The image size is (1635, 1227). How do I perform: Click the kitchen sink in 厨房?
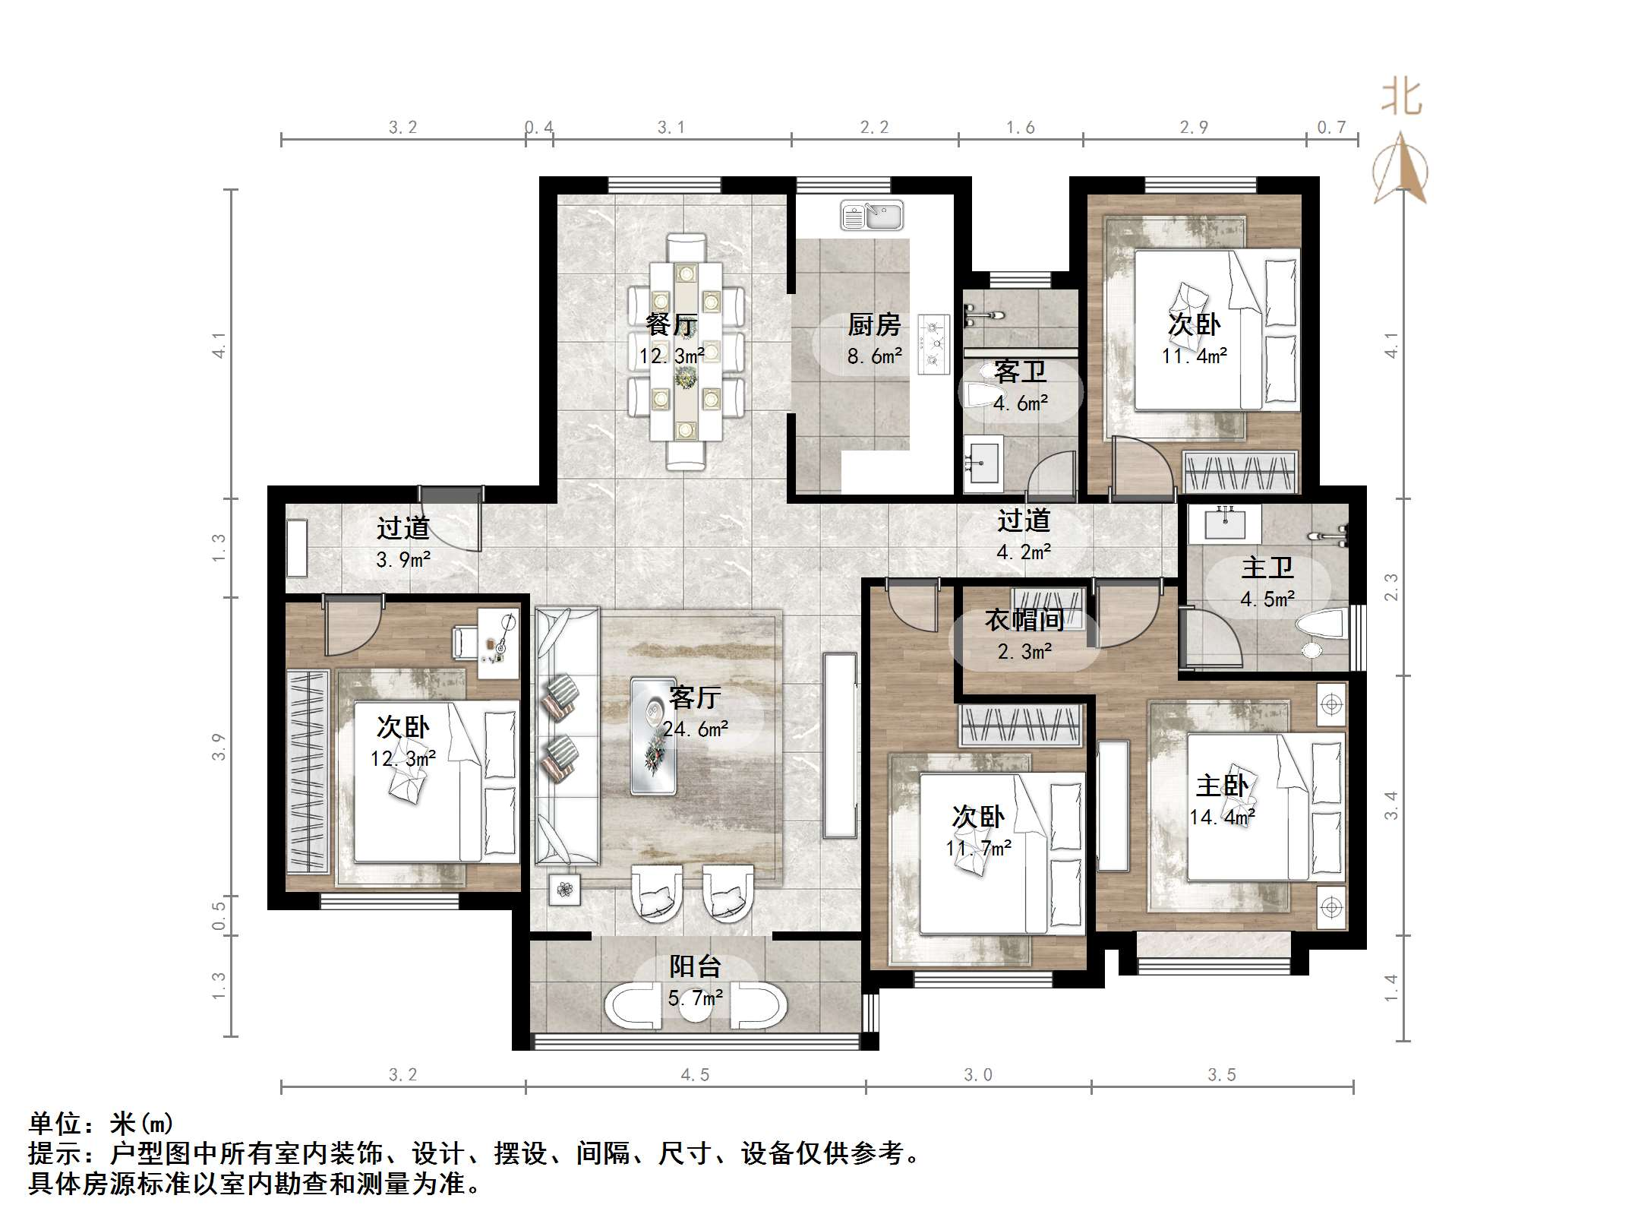pyautogui.click(x=871, y=216)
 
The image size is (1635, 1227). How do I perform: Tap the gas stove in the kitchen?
pyautogui.click(x=933, y=344)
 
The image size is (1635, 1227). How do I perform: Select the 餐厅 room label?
pyautogui.click(x=671, y=325)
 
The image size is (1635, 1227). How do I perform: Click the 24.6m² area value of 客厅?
pyautogui.click(x=695, y=729)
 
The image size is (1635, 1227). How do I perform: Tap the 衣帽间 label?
pyautogui.click(x=1024, y=620)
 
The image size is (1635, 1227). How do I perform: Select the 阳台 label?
pyautogui.click(x=695, y=967)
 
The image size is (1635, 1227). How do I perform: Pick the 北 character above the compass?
pyautogui.click(x=1401, y=98)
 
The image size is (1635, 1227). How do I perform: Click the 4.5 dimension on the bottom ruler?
pyautogui.click(x=695, y=1075)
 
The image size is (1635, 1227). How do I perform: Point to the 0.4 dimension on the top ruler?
pyautogui.click(x=539, y=128)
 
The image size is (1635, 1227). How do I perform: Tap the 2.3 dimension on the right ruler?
pyautogui.click(x=1390, y=587)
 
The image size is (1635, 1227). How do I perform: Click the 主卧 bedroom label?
pyautogui.click(x=1221, y=786)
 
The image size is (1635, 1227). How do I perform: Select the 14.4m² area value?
pyautogui.click(x=1221, y=817)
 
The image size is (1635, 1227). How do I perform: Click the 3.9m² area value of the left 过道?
pyautogui.click(x=403, y=560)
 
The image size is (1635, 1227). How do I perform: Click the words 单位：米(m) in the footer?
pyautogui.click(x=101, y=1123)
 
